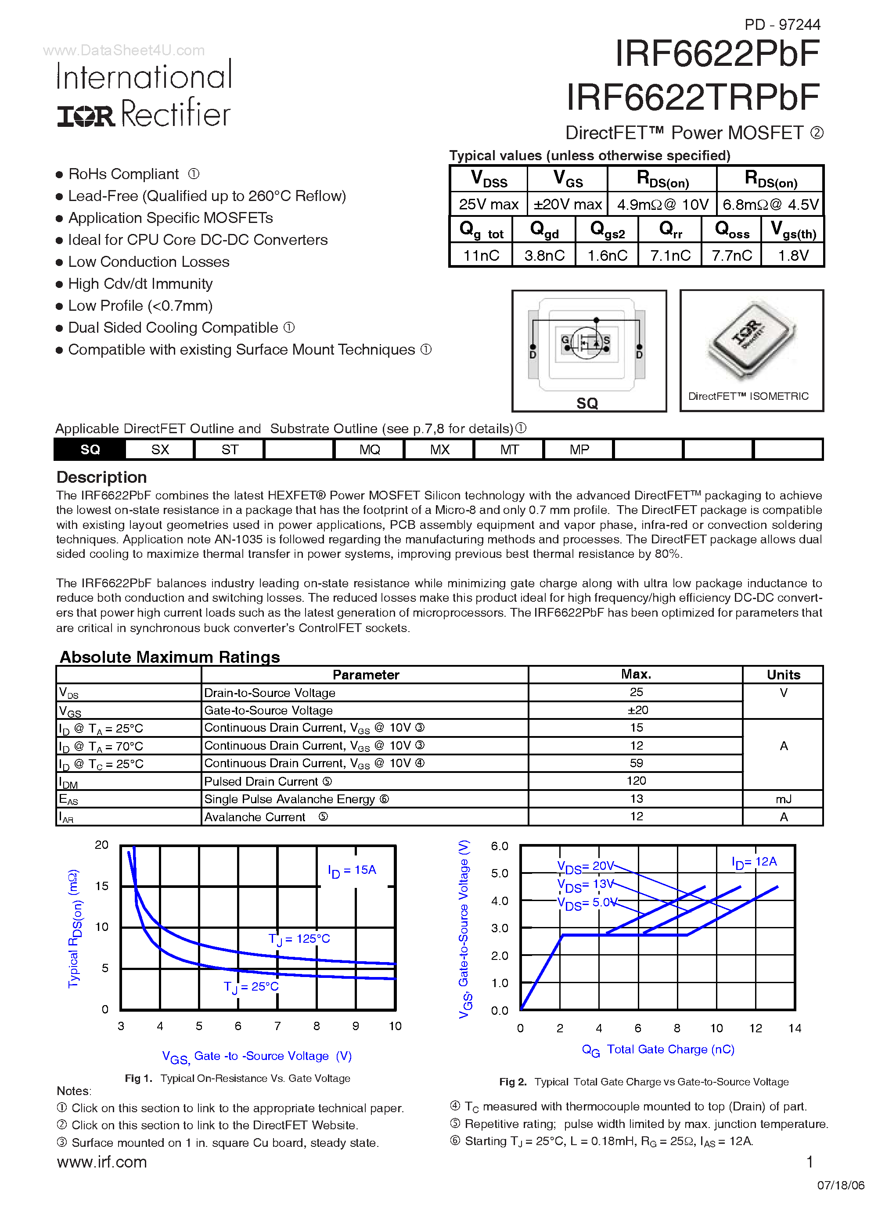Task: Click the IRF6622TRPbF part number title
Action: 693,97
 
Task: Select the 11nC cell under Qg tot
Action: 481,255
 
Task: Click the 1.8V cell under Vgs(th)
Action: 793,255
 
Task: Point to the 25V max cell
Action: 488,205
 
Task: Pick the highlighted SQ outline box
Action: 90,450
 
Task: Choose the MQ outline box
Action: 370,450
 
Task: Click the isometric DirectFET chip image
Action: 751,341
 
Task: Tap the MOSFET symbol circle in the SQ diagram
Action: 587,343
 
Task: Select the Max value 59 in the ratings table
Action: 636,763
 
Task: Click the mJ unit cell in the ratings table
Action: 783,799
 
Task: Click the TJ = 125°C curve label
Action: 299,939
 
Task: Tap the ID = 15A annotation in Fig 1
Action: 352,870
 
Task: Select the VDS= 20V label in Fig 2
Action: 585,866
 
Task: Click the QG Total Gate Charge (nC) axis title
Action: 658,1049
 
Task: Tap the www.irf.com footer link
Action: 102,1162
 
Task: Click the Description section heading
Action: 102,477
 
